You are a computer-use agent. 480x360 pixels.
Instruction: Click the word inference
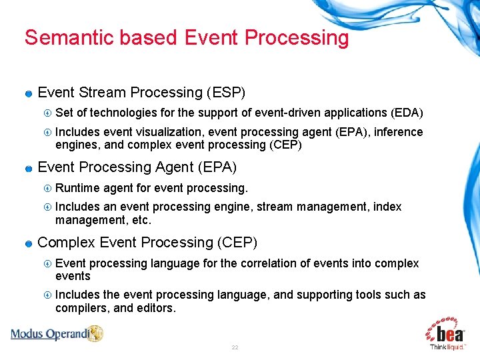tap(399, 132)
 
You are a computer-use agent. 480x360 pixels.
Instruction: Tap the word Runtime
tap(76, 188)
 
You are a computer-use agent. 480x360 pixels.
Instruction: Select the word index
tap(387, 207)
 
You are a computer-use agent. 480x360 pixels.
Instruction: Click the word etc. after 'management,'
tap(141, 219)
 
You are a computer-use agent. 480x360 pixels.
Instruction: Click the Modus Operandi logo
tap(57, 333)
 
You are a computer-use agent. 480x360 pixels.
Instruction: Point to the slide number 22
tap(235, 348)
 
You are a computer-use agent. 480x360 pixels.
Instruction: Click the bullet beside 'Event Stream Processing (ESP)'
tap(29, 93)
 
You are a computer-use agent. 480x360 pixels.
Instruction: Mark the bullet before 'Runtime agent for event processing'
tap(47, 189)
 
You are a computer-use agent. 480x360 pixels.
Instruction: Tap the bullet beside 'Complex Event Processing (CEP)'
tap(29, 243)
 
